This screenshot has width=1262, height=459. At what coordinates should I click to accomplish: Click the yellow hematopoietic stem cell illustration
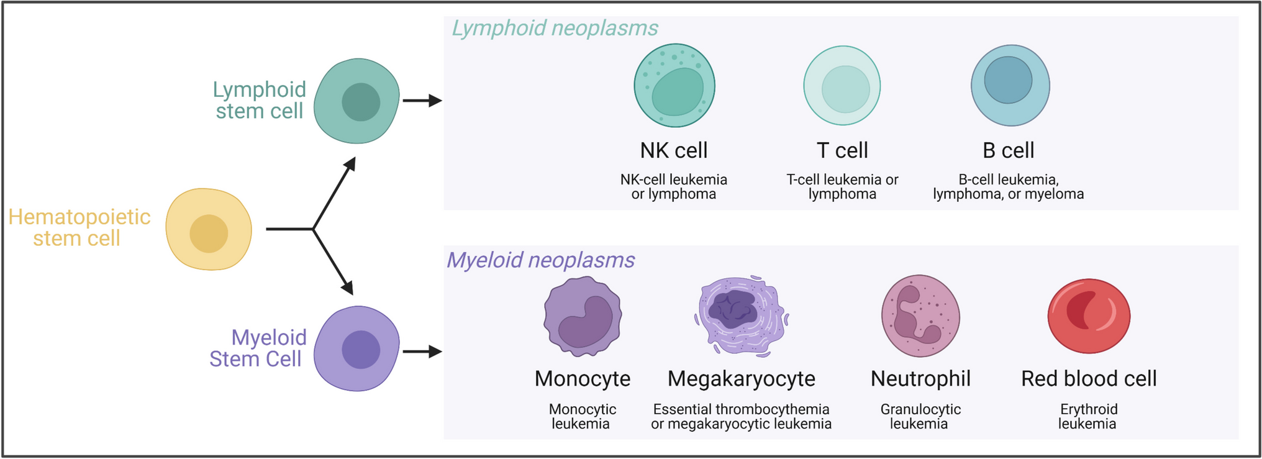click(x=209, y=229)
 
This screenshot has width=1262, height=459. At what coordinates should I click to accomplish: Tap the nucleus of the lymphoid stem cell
click(x=361, y=102)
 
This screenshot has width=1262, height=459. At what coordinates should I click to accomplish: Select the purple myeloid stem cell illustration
click(x=356, y=348)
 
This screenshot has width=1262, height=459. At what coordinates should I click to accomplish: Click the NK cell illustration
click(x=674, y=86)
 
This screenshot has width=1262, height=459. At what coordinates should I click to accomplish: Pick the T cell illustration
click(x=842, y=86)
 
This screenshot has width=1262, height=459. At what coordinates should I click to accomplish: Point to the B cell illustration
click(x=1010, y=86)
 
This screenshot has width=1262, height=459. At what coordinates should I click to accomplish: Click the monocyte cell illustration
click(x=583, y=317)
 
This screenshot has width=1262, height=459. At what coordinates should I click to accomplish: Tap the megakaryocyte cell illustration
click(x=741, y=317)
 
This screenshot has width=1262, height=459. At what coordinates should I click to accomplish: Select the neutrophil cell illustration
click(x=920, y=317)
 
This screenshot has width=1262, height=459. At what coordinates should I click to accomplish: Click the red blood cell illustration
click(x=1089, y=316)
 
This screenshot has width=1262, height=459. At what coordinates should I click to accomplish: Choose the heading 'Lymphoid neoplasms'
click(x=555, y=29)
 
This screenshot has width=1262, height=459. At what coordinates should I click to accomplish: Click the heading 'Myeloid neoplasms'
click(x=540, y=260)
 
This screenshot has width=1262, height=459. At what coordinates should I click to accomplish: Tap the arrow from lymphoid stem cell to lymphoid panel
click(x=422, y=100)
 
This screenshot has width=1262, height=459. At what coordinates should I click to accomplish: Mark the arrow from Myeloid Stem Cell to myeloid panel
click(x=422, y=352)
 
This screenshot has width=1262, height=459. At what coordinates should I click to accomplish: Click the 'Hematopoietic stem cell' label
click(x=79, y=227)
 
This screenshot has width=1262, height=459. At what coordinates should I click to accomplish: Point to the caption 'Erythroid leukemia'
click(x=1088, y=417)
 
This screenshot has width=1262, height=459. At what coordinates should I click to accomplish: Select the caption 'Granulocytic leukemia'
click(x=920, y=417)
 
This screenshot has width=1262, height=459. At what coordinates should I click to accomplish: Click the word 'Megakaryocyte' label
click(x=741, y=379)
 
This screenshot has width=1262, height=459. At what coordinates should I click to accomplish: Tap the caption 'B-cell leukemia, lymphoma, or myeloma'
click(x=1009, y=187)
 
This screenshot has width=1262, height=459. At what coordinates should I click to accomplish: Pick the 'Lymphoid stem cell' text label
click(x=260, y=100)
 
